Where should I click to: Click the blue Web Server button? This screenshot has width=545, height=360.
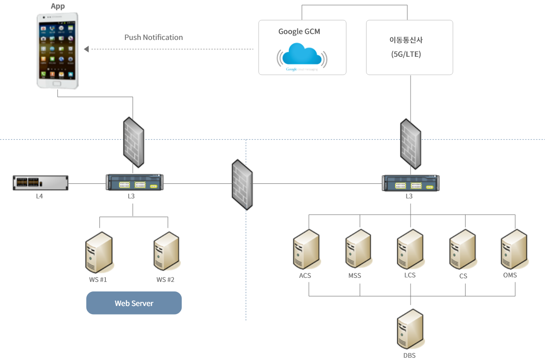coord(134,303)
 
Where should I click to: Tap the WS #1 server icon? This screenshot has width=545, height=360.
coord(99,252)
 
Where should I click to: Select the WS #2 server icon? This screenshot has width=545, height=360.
coord(166,252)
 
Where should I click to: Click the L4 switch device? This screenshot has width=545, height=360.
coord(40,183)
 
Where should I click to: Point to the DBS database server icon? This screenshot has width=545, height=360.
coord(410,329)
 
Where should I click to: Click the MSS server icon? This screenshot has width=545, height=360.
coord(358,249)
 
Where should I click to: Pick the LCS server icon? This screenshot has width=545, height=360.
coord(410,249)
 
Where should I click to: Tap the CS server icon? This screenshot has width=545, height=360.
coord(462,249)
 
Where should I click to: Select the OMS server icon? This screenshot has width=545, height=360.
coord(514,249)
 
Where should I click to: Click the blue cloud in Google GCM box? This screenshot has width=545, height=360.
coord(302,54)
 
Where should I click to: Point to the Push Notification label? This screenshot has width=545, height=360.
coord(154,38)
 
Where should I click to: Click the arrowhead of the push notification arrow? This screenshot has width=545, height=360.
coord(87,49)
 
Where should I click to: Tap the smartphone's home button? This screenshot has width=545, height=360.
coord(57,83)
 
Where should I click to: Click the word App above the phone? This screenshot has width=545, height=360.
coord(58,6)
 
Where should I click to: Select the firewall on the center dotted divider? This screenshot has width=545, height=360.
coord(242,184)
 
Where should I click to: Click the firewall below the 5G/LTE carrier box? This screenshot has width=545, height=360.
coord(411,143)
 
